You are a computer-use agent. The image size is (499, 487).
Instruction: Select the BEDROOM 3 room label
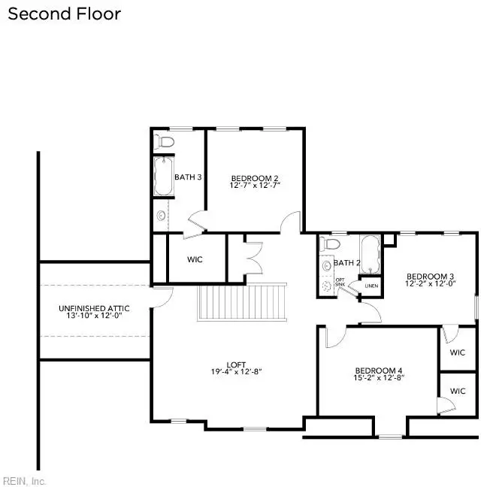pos(431,276)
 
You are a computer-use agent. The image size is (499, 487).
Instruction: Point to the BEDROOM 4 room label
pos(380,371)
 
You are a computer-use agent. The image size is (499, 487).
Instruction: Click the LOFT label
pos(235,363)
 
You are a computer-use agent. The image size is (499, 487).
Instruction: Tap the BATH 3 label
pos(188,177)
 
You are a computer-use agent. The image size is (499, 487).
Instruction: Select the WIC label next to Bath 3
pos(195,259)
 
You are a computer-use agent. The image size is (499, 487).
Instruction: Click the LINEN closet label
pos(371,286)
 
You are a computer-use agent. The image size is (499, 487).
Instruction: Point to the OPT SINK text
pos(340,282)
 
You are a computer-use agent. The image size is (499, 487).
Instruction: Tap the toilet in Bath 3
pos(165,141)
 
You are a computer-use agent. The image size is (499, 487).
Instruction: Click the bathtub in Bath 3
pos(163,177)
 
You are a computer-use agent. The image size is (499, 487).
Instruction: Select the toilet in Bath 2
pos(329,246)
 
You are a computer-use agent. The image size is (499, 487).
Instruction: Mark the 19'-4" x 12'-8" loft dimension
pos(236,371)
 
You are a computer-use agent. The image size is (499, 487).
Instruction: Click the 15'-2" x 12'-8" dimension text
pos(380,379)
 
